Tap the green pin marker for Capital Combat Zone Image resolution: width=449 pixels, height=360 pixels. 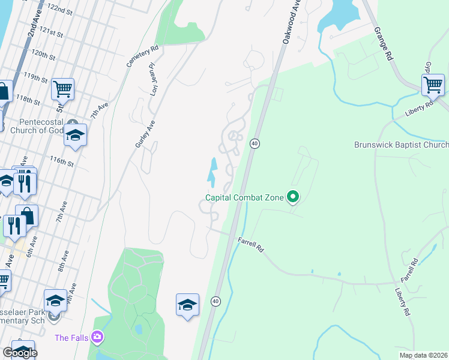[293, 196]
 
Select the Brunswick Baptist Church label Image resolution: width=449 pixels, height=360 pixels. [401, 145]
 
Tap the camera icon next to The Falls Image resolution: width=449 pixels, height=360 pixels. [97, 337]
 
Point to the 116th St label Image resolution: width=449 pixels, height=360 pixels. [61, 161]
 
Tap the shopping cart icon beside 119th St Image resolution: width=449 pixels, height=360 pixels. [62, 89]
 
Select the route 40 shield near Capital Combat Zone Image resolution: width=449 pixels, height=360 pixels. [255, 144]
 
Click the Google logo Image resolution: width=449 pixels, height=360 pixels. [20, 353]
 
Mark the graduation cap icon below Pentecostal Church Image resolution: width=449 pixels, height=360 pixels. [76, 134]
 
